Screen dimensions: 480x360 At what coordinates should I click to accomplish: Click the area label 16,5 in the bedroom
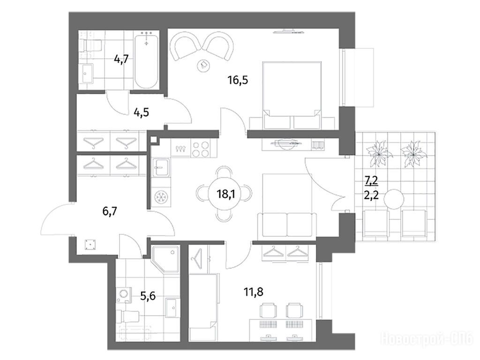(x=238, y=80)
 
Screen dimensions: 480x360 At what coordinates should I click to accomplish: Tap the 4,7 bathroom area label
(x=121, y=58)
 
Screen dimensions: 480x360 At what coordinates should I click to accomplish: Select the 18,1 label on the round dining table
(x=225, y=194)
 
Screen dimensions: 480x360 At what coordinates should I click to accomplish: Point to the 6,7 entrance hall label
(x=110, y=211)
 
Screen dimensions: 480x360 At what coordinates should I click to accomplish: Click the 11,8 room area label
(x=254, y=292)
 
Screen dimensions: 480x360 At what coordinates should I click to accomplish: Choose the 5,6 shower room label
(x=148, y=296)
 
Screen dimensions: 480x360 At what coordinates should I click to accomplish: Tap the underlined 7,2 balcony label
(x=371, y=181)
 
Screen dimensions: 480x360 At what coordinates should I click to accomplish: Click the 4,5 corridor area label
(x=141, y=112)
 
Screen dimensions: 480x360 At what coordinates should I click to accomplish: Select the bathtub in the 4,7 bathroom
(x=146, y=61)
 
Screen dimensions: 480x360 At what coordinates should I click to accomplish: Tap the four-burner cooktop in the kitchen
(x=201, y=149)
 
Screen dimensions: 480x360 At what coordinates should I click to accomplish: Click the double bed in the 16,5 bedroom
(x=292, y=95)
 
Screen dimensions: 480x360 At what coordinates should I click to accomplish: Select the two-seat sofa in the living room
(x=287, y=225)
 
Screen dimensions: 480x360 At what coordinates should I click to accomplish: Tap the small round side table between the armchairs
(x=204, y=65)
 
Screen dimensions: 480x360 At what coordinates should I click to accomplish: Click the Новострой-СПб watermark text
(x=427, y=339)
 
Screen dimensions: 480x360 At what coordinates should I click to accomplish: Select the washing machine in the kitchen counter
(x=161, y=196)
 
